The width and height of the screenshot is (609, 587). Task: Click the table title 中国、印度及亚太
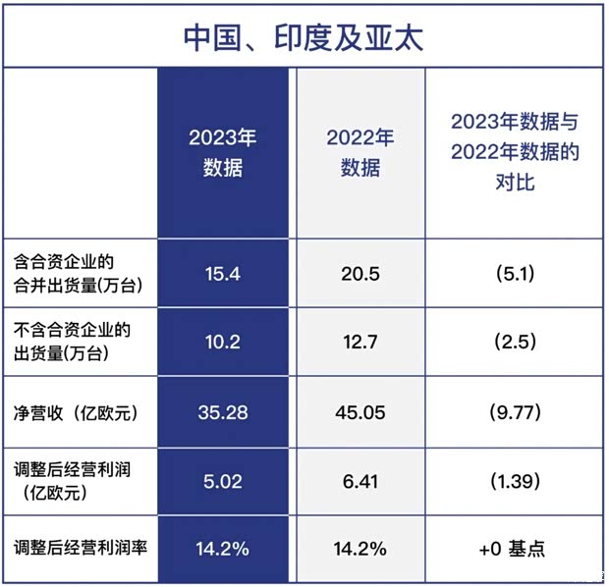coord(304,37)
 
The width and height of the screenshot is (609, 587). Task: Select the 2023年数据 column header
coord(223,152)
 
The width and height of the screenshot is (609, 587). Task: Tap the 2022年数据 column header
coord(360,152)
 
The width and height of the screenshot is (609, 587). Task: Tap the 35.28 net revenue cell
coord(223,412)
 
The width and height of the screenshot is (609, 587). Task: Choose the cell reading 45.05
coord(360,412)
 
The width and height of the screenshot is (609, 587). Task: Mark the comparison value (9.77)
coord(515,412)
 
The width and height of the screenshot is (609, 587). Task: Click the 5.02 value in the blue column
coord(223,481)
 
